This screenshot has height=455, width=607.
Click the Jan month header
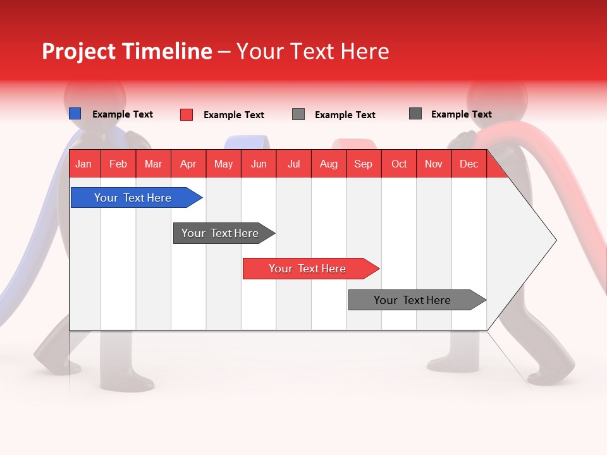(x=83, y=164)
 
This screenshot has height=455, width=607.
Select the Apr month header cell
(x=188, y=164)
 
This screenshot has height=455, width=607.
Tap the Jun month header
(x=259, y=164)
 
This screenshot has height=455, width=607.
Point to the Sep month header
(x=363, y=164)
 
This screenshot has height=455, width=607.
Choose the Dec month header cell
(x=469, y=164)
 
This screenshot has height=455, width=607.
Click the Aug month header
(x=328, y=164)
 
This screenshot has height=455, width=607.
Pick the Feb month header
(x=118, y=164)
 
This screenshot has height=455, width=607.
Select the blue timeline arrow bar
(x=133, y=198)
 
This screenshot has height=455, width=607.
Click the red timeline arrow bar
(x=307, y=269)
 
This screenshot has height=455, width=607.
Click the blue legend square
(x=75, y=114)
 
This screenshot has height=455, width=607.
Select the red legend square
(x=186, y=114)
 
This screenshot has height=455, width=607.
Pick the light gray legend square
(x=298, y=114)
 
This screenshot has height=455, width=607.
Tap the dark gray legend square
(x=415, y=114)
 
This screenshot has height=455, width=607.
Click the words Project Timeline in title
(x=126, y=51)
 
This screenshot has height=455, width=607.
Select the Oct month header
(x=399, y=164)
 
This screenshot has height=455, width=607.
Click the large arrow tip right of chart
(x=537, y=240)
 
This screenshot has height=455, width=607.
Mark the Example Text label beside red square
(x=233, y=115)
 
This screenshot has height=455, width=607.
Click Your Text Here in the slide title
(x=313, y=51)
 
